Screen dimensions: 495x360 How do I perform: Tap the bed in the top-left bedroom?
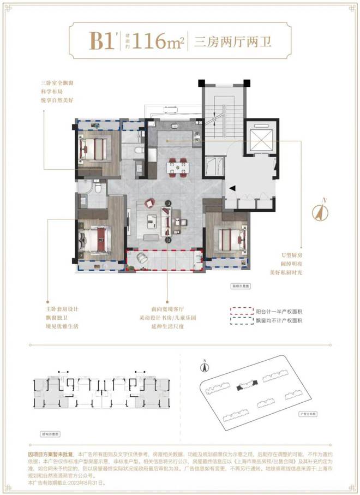pos(98,146)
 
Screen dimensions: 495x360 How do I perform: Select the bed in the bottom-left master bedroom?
pos(96,238)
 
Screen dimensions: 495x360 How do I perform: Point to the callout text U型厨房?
pos(290,254)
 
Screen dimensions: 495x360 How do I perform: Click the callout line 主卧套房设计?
pos(66,309)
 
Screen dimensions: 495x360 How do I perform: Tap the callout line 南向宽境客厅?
pos(166,309)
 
